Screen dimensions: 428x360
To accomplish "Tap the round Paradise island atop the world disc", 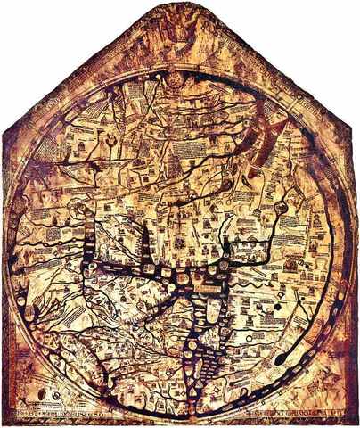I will (179, 82).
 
